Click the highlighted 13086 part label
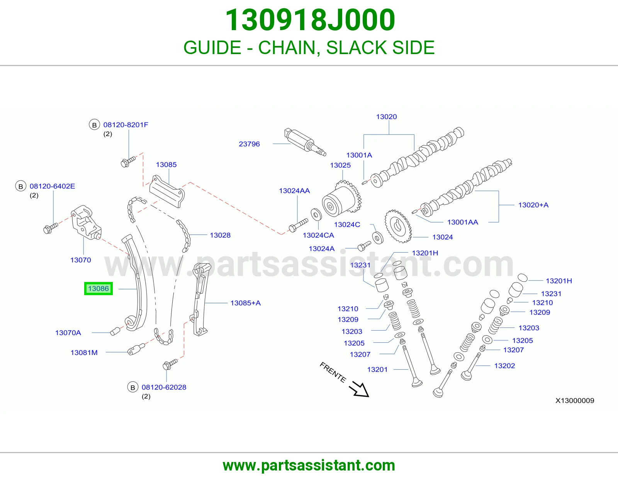coord(98,289)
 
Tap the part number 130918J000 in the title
coord(310,20)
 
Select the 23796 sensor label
coord(249,144)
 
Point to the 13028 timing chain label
coord(220,235)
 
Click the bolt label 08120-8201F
coord(126,125)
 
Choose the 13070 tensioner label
coord(80,260)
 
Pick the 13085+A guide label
coord(245,303)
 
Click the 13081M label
coord(84,353)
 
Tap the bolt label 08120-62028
coord(164,387)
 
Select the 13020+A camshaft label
coord(533,205)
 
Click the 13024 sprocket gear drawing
coord(398,226)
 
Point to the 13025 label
coord(340,165)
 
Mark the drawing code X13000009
coord(575,401)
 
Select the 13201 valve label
coord(377,370)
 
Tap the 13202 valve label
coord(504,366)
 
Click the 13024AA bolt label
coord(294,191)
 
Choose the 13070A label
coord(68,333)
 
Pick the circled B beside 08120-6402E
coord(20,186)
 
